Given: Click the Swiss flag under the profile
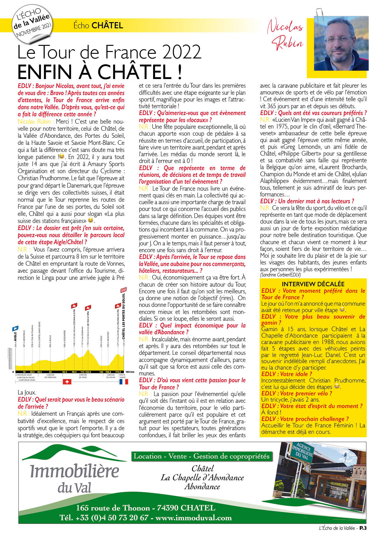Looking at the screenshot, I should pyautogui.click(x=67, y=382).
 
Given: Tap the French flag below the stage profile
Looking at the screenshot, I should pyautogui.click(x=123, y=382).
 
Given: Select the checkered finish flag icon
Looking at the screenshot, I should pyautogui.click(x=124, y=290).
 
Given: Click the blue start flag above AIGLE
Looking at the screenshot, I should pyautogui.click(x=15, y=328).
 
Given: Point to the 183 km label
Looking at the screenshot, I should pyautogui.click(x=130, y=372).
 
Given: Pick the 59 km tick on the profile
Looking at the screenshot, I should pyautogui.click(x=50, y=372).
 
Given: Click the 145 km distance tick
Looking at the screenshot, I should pyautogui.click(x=101, y=372).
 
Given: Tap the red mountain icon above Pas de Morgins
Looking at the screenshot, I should pyautogui.click(x=118, y=306).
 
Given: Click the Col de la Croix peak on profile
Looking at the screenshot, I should pyautogui.click(x=88, y=350).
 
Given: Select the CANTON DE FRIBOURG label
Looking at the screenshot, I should pyautogui.click(x=50, y=376).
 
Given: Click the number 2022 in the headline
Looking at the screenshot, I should pyautogui.click(x=181, y=52).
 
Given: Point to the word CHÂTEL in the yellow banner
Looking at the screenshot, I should pyautogui.click(x=107, y=26).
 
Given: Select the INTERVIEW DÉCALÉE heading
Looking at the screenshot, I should pyautogui.click(x=313, y=284).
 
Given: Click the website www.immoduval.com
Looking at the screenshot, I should pyautogui.click(x=193, y=517).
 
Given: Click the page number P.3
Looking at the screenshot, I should pyautogui.click(x=363, y=528).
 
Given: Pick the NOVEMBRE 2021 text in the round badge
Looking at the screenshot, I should pyautogui.click(x=34, y=30).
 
